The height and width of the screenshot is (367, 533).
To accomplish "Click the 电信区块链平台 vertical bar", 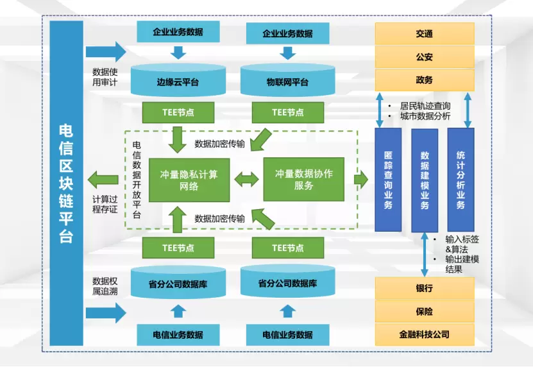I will point(66,183).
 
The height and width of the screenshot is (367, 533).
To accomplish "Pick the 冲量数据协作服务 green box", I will point(303,180).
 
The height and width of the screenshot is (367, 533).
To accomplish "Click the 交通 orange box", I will point(424,33).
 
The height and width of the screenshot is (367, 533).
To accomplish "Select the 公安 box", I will point(424,56).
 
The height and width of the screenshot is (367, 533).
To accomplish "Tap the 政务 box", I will point(424,80).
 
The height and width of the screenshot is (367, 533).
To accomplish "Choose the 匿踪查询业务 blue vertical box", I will point(388,180).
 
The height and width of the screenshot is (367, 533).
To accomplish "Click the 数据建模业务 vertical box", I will point(425,180).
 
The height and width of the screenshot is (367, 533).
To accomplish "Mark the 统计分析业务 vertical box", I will point(461,179).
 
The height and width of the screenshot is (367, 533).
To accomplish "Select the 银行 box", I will point(424,288).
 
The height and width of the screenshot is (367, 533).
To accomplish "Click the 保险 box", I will point(424,311).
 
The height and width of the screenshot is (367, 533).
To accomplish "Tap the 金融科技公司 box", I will point(424,334).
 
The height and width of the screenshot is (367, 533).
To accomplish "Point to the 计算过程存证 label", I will point(105,203).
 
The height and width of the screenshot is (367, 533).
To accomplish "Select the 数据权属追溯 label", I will point(105,285).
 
